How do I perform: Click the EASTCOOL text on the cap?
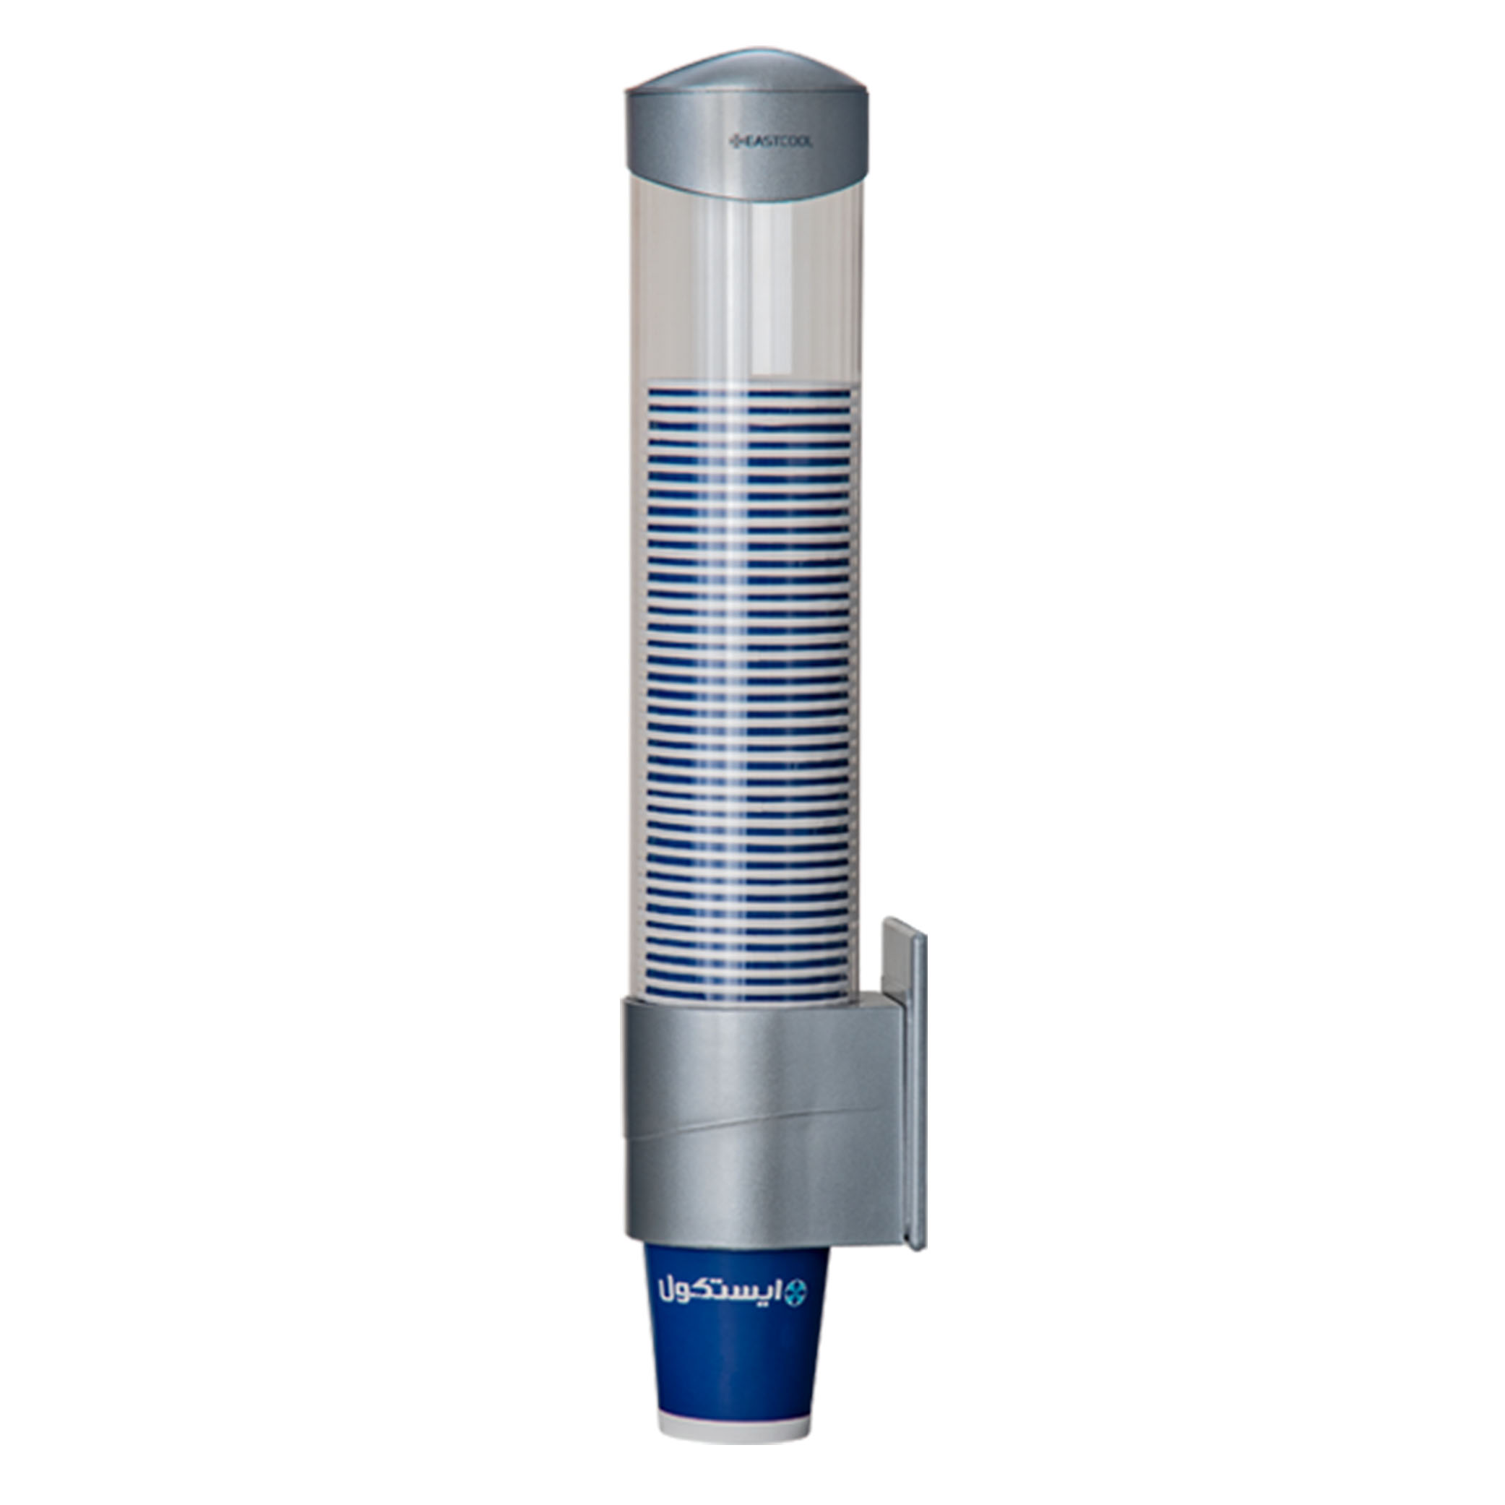(x=776, y=142)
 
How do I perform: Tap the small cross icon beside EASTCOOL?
(x=734, y=142)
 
